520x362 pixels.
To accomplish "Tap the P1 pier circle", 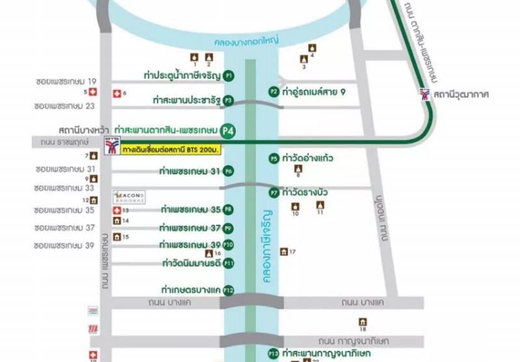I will [228, 76].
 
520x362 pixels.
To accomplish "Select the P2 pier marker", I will [274, 92].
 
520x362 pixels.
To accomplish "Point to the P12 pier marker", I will [228, 290].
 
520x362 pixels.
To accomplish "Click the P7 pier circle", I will [274, 193].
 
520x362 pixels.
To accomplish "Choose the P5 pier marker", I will [274, 159].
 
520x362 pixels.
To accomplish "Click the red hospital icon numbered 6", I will [117, 94].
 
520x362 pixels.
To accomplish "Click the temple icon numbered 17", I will [283, 252].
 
